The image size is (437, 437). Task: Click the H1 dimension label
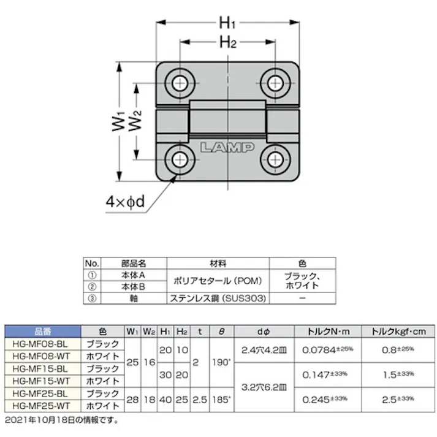click(x=227, y=23)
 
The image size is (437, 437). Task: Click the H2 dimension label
click(x=227, y=43)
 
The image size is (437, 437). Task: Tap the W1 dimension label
click(x=118, y=121)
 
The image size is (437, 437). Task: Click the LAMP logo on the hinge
click(x=227, y=148)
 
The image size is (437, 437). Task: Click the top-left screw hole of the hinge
click(x=180, y=82)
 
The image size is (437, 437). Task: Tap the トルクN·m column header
click(x=328, y=332)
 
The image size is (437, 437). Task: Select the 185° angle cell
click(x=221, y=400)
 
